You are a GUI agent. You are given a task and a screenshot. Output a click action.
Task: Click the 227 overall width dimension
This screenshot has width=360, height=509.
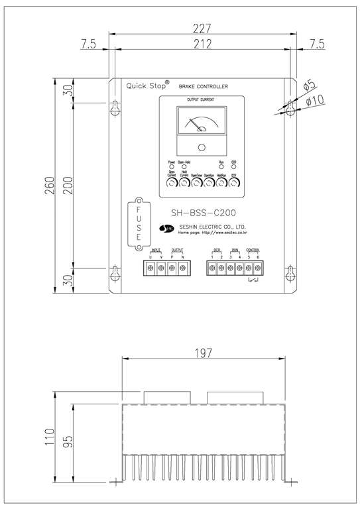coord(202,28)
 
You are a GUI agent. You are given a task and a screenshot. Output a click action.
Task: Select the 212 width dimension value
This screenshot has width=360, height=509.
coord(202,44)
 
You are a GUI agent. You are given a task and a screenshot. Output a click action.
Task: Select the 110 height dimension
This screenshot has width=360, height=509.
coord(47,438)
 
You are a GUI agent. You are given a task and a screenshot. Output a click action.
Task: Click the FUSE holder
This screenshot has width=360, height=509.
coord(139,223)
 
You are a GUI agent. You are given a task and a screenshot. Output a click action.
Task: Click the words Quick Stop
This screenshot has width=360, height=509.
coord(146,85)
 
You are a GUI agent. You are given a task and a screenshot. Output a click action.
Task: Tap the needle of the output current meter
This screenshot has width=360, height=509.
coord(197,123)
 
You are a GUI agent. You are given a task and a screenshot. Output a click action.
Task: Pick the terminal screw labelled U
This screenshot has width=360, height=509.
coord(150,267)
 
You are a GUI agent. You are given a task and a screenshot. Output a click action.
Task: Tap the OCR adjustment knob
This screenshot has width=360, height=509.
coord(234,186)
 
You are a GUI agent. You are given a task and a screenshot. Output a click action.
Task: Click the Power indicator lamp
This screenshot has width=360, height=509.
coord(172,166)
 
